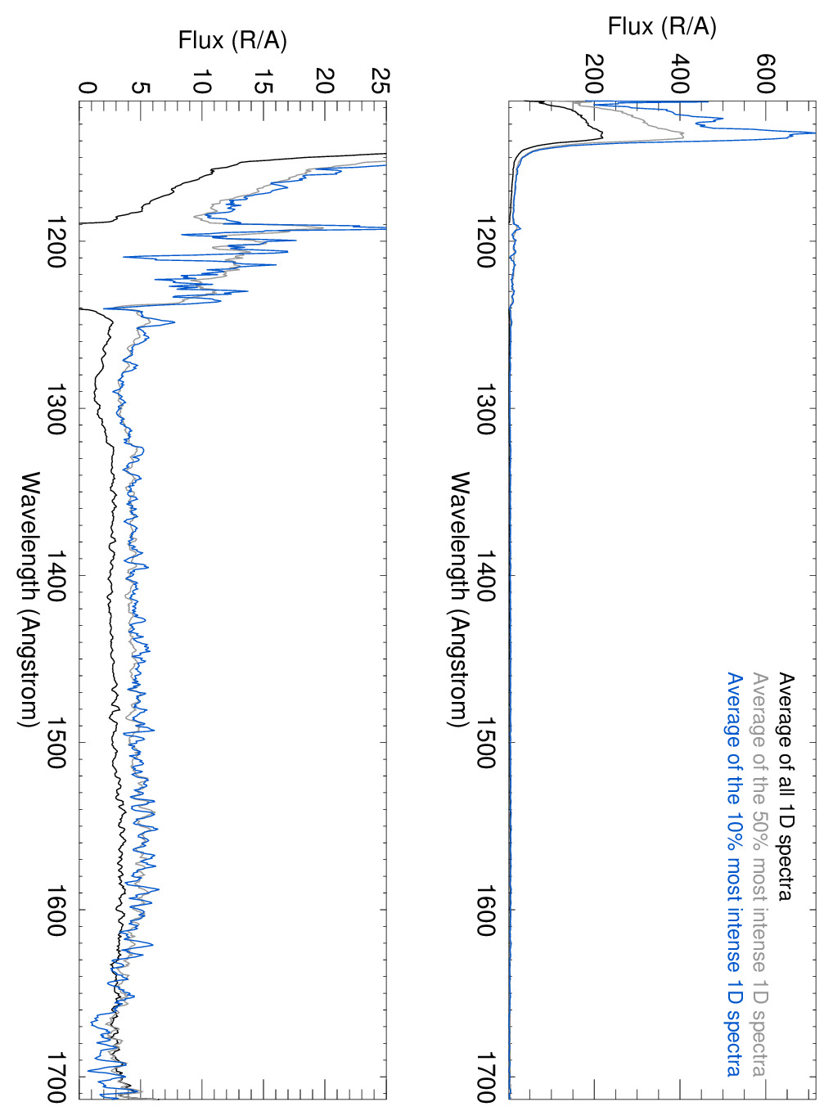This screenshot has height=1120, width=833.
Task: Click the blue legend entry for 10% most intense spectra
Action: click(734, 874)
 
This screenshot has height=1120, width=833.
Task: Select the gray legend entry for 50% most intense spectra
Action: click(759, 874)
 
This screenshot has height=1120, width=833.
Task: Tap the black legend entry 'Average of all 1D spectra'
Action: click(785, 786)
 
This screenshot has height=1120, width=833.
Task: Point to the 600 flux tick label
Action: click(765, 74)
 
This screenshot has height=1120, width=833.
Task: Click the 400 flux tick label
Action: click(680, 74)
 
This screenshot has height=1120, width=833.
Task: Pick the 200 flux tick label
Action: click(595, 74)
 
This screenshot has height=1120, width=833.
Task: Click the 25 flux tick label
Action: click(380, 81)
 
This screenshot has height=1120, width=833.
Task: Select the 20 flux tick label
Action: click(325, 81)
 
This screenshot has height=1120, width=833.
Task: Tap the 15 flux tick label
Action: click(263, 81)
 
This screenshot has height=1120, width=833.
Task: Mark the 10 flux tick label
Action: click(202, 81)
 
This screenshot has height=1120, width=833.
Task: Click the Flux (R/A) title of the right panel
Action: click(661, 27)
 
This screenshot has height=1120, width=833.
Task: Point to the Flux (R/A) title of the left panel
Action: click(232, 40)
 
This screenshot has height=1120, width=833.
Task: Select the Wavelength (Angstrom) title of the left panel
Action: click(29, 599)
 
